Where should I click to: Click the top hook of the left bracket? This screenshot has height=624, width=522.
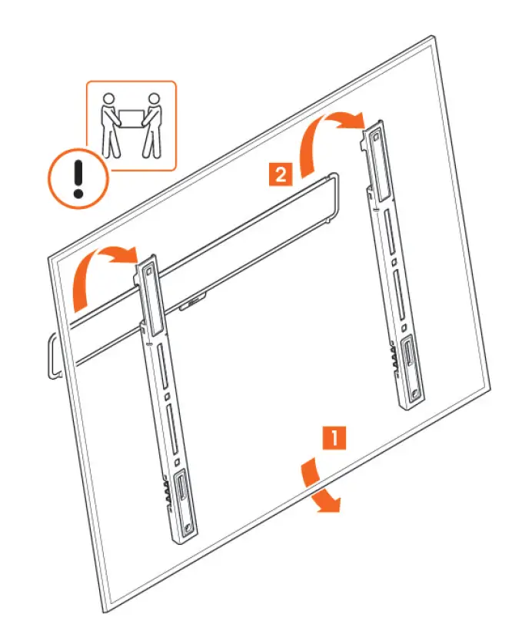pyautogui.click(x=147, y=269)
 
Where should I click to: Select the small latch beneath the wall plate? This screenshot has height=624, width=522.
pyautogui.click(x=191, y=304)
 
